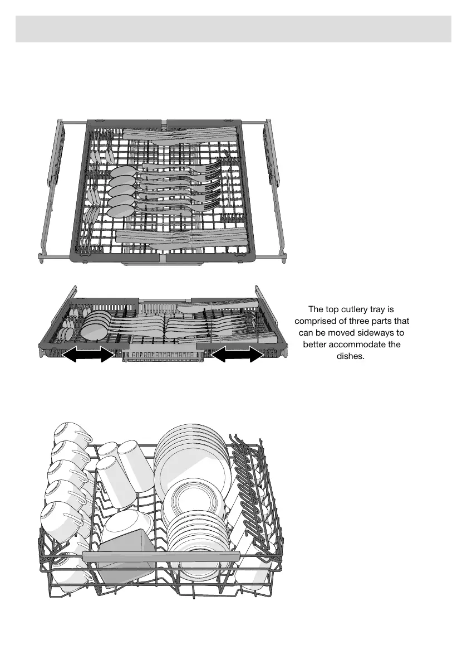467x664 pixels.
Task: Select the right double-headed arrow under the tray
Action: pyautogui.click(x=236, y=354)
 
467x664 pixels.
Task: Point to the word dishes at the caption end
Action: pyautogui.click(x=351, y=356)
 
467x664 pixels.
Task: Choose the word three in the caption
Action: pyautogui.click(x=361, y=321)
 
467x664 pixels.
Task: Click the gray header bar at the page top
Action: pyautogui.click(x=233, y=29)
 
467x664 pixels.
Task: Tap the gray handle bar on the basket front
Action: pyautogui.click(x=161, y=556)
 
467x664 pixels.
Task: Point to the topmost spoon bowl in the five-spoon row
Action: pyautogui.click(x=122, y=172)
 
